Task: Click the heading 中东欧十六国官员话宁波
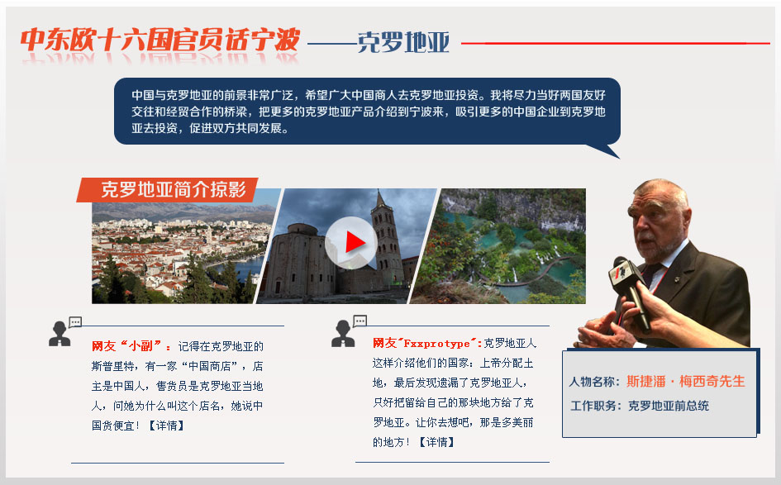160,40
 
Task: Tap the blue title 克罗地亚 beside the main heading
403,42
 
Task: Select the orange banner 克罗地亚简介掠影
167,190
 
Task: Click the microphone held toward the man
629,292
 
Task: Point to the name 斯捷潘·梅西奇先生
685,382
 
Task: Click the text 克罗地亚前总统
669,406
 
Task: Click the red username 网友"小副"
127,346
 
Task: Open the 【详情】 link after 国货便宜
167,426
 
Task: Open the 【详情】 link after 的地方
437,442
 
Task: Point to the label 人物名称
592,382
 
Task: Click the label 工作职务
593,406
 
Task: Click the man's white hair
660,192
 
